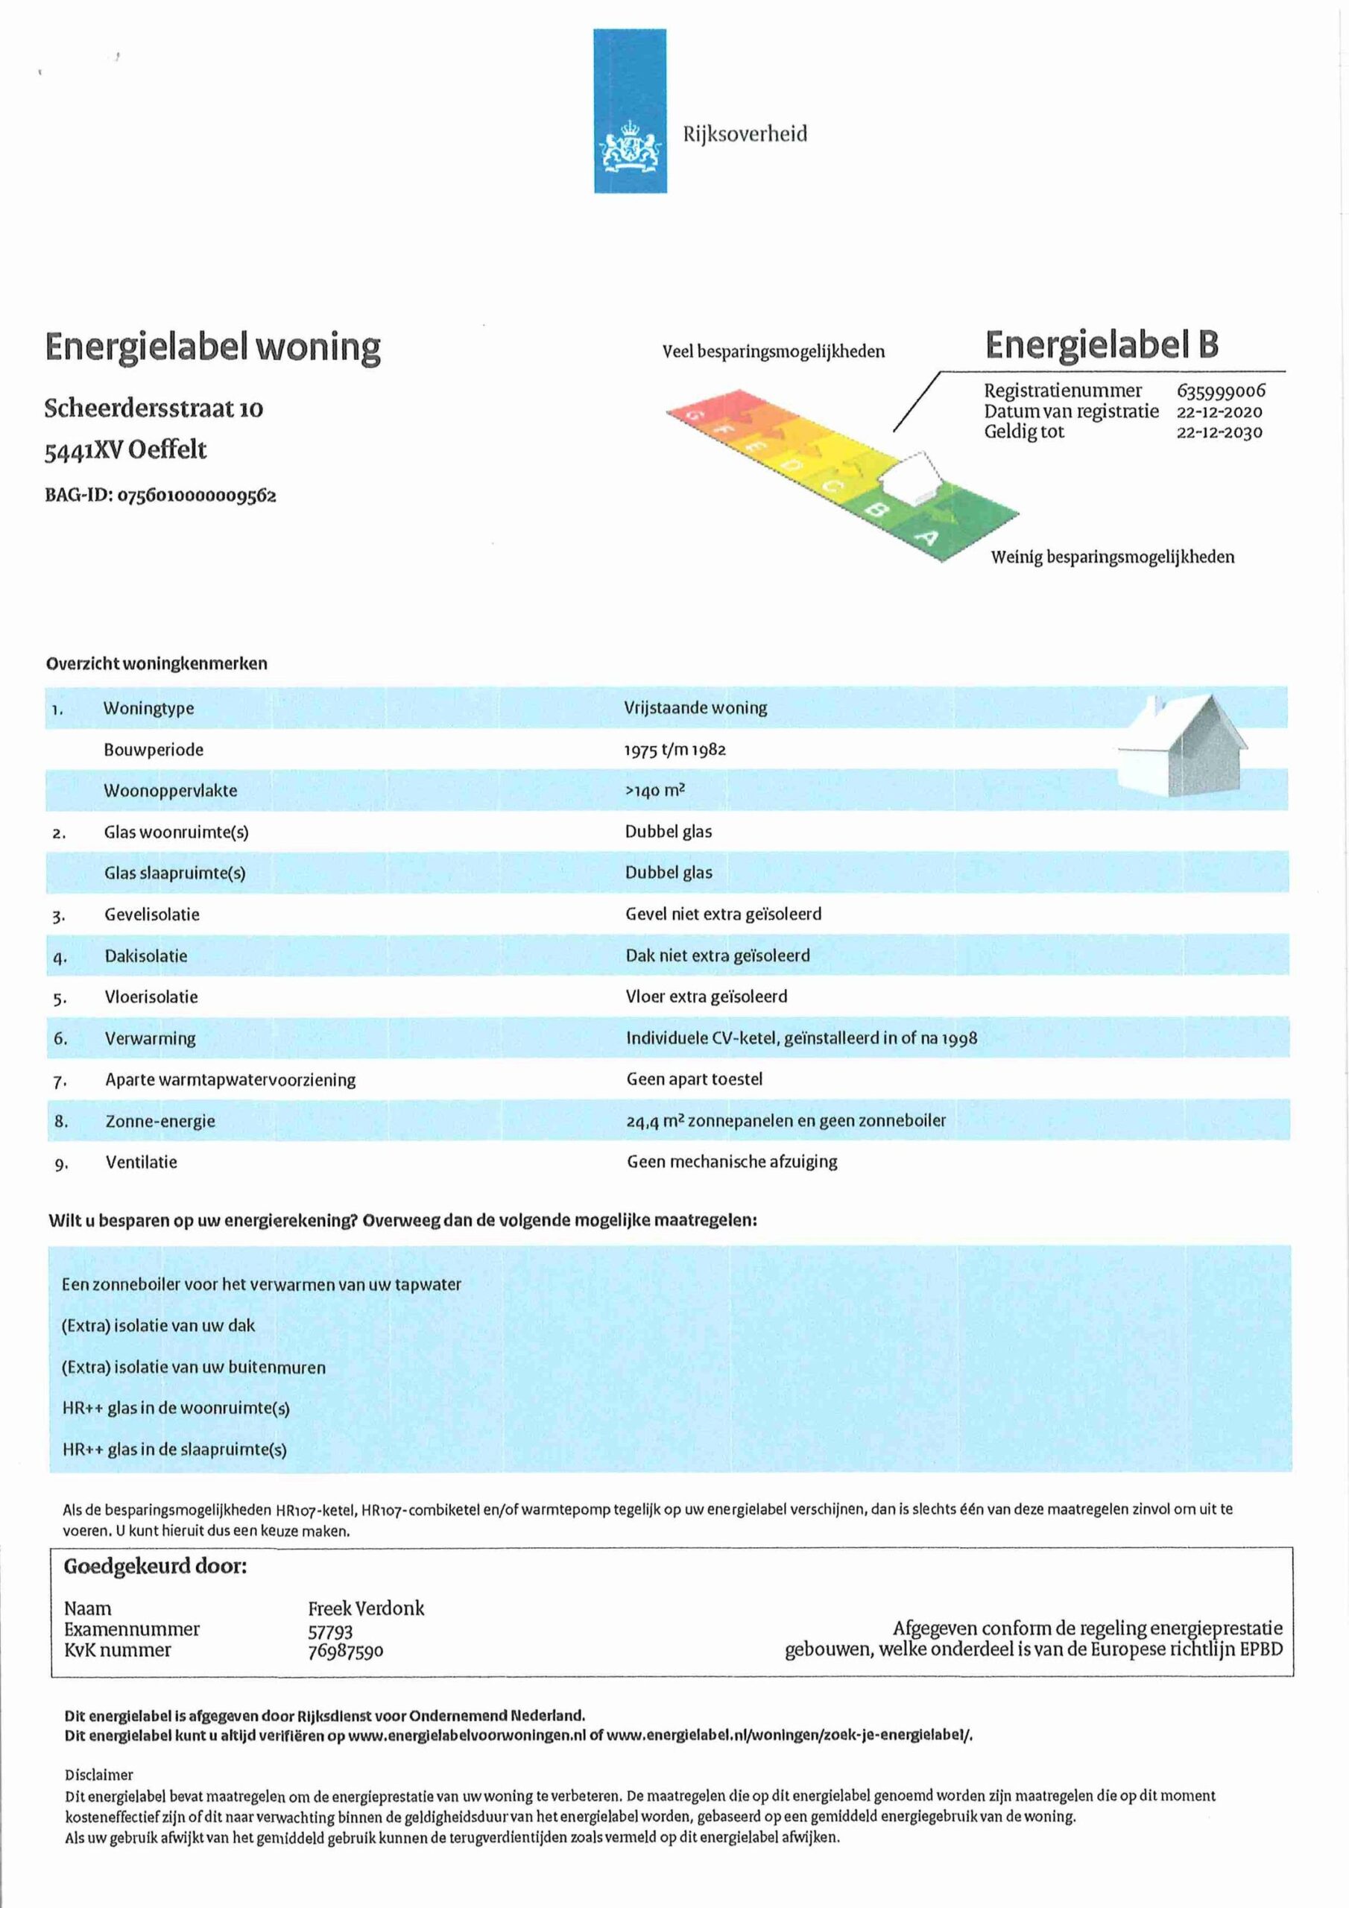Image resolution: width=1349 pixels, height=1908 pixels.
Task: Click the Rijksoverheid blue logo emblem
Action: [630, 110]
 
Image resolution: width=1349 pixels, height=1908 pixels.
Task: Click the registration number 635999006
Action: [1220, 391]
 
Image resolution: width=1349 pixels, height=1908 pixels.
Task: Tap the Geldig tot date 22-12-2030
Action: [1219, 432]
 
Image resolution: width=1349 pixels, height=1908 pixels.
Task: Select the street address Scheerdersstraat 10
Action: [154, 408]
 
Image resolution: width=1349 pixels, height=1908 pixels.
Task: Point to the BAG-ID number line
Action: [160, 496]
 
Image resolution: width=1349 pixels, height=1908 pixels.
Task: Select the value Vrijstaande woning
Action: [695, 708]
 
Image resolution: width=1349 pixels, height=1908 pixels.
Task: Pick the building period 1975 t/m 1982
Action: [675, 750]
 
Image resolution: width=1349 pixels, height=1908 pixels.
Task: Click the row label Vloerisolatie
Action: [151, 997]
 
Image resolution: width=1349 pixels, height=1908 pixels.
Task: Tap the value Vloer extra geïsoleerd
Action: [707, 996]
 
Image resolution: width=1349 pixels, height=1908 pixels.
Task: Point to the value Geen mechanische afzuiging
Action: [731, 1162]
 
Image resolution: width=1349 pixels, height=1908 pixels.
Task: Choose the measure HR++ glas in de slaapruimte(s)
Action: [174, 1450]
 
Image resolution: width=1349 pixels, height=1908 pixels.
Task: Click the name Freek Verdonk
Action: [366, 1608]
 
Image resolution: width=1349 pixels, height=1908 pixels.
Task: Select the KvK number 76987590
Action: [346, 1650]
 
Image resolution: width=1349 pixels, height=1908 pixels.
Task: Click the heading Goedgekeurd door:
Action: [156, 1567]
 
